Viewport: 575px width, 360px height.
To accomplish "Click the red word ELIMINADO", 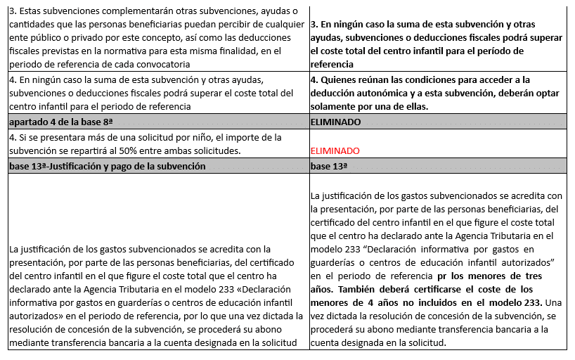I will point(335,150).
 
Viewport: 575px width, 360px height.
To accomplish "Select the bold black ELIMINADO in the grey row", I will point(336,122).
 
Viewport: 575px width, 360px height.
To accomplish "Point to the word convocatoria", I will point(161,64).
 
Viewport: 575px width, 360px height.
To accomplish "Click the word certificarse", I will point(441,289).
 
